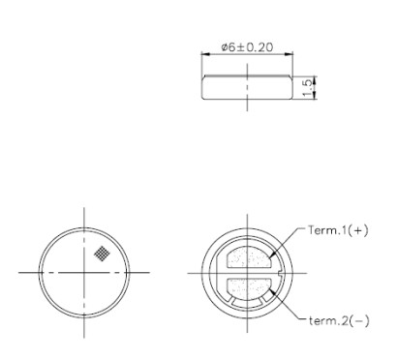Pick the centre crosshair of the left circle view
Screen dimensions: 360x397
coord(84,274)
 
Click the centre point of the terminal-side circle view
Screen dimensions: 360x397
coord(247,275)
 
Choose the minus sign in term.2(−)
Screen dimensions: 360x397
coord(359,320)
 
